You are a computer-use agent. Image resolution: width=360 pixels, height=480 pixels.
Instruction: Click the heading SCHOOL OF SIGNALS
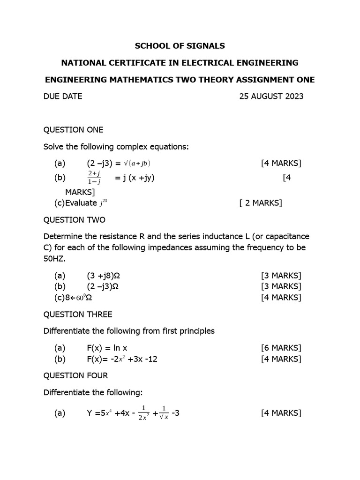(180, 46)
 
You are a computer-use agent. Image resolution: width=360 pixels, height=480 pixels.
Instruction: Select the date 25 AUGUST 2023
(271, 97)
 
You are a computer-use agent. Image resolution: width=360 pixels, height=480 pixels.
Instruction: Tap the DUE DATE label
(63, 97)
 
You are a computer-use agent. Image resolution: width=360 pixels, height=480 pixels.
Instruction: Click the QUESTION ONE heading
(74, 130)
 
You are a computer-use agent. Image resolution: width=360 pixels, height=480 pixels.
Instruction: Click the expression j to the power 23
(104, 202)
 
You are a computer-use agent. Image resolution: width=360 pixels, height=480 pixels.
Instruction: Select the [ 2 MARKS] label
(260, 203)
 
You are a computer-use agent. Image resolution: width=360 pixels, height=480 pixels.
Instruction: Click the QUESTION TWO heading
(75, 220)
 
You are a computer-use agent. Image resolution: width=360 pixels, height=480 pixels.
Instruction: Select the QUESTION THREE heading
(78, 314)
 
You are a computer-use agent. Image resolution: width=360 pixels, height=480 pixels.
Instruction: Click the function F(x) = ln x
(107, 348)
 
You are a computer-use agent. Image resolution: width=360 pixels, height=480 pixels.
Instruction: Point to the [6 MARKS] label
(281, 348)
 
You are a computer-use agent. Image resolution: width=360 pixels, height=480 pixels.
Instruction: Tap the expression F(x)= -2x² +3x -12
(123, 359)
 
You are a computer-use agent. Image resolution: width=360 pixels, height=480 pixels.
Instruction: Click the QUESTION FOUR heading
(75, 375)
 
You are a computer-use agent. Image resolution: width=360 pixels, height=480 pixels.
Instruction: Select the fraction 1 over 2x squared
(143, 413)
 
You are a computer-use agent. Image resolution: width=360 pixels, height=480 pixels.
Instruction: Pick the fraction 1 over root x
(164, 413)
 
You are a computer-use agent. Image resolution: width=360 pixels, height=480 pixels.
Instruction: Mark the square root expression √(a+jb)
(136, 164)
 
